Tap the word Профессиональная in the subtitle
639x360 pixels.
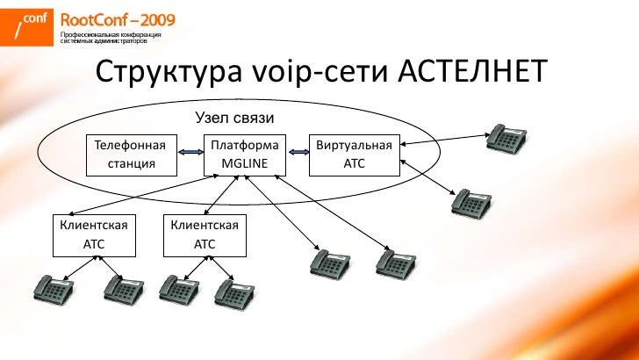click(88, 33)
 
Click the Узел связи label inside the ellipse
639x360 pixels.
click(234, 118)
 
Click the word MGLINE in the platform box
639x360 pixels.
click(246, 163)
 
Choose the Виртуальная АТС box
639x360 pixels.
click(354, 153)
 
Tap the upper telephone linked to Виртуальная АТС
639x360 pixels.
click(507, 137)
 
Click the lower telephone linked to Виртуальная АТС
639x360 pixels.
click(470, 201)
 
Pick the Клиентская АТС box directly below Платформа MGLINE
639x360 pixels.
click(205, 235)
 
